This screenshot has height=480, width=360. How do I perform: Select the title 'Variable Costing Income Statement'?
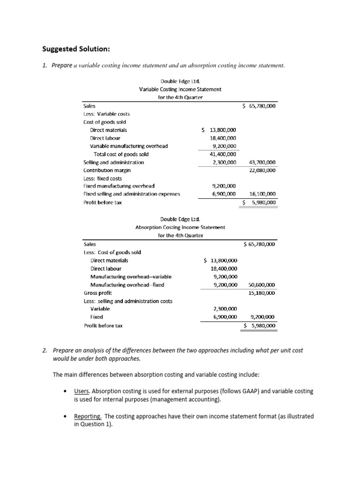[180, 89]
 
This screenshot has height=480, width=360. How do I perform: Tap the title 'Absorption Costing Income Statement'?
[180, 227]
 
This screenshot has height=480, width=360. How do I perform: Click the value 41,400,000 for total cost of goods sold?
[223, 154]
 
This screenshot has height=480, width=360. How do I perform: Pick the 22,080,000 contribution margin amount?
[260, 170]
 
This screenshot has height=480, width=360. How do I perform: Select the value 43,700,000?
[260, 162]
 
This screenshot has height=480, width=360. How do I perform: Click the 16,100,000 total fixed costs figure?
[260, 194]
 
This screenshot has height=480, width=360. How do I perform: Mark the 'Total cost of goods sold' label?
[121, 154]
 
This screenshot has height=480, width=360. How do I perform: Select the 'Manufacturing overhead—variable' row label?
[127, 277]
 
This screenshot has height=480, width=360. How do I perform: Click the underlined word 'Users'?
[82, 391]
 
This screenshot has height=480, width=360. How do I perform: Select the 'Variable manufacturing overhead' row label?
[128, 146]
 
